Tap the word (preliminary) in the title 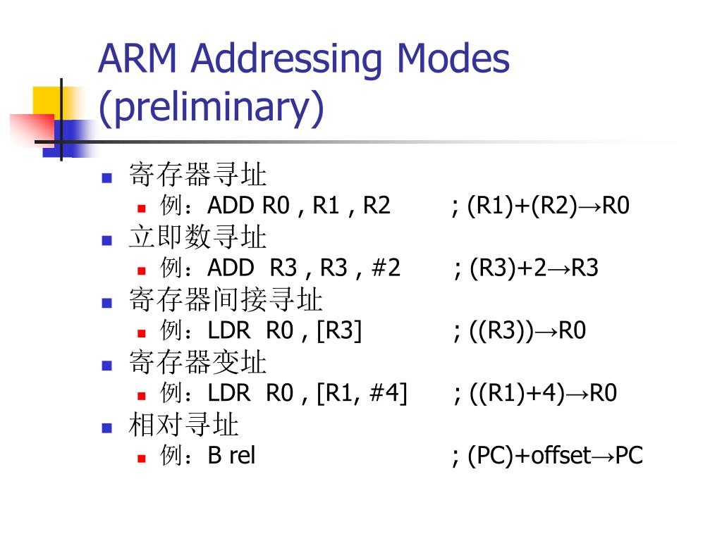tap(211, 107)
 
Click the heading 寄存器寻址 tap(197, 175)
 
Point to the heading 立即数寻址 tap(197, 237)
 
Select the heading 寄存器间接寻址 tap(226, 300)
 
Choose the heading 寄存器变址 tap(197, 363)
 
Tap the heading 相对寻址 tap(184, 425)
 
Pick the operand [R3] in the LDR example tap(339, 330)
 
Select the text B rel tap(231, 456)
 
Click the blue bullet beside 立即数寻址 tap(107, 240)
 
